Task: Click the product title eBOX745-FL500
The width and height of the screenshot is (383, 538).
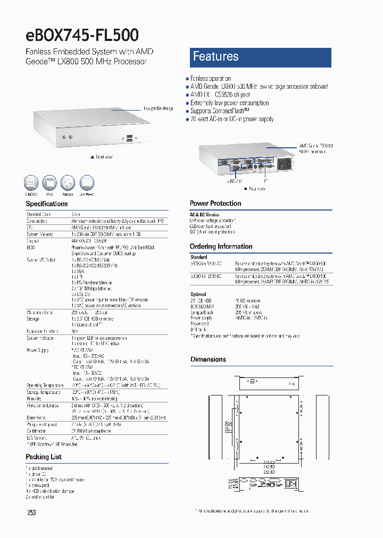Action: pos(82,35)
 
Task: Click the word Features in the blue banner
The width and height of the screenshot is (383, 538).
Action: pos(215,57)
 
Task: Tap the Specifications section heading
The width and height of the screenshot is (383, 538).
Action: pos(47,204)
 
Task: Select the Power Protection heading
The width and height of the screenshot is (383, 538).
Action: pos(215,203)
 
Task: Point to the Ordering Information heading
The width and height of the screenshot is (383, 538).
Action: pos(221,246)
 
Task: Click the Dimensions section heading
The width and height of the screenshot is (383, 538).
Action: pos(208,359)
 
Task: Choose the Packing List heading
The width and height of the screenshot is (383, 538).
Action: pos(44,457)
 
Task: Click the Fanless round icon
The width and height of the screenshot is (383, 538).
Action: pos(67,183)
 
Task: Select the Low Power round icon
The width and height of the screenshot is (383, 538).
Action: pos(87,183)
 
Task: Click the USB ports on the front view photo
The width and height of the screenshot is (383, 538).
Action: pos(131,140)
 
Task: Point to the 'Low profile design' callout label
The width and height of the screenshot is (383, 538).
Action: pos(158,108)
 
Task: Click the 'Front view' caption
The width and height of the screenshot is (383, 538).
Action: pos(102,157)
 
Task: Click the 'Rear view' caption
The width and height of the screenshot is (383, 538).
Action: pos(255,188)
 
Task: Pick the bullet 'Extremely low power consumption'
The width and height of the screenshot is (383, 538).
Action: pos(229,103)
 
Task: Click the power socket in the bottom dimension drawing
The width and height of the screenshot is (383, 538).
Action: pos(291,484)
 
